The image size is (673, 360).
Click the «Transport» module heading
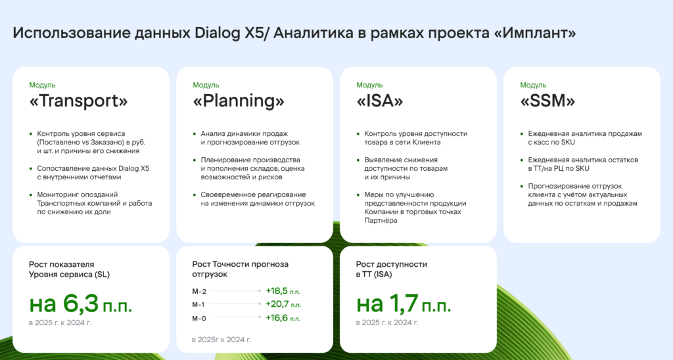[79, 101]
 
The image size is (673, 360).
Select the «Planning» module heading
[239, 101]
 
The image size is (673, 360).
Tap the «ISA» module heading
[380, 101]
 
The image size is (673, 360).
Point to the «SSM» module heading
[547, 101]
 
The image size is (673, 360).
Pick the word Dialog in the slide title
[218, 33]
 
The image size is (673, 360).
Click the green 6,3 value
[81, 304]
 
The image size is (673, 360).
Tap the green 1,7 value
[404, 304]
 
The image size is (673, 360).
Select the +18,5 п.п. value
[283, 291]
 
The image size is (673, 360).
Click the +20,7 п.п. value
[283, 304]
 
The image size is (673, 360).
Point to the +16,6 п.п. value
[283, 318]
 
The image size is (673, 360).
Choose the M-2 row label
[199, 291]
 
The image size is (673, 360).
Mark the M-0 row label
[199, 319]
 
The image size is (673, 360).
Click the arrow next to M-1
[236, 304]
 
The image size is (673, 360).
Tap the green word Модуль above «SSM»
[533, 85]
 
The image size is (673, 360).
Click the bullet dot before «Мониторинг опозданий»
[31, 195]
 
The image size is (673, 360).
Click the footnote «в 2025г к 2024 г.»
[221, 340]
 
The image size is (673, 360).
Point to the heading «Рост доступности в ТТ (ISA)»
[392, 269]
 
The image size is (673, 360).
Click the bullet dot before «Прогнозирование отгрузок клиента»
[522, 186]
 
